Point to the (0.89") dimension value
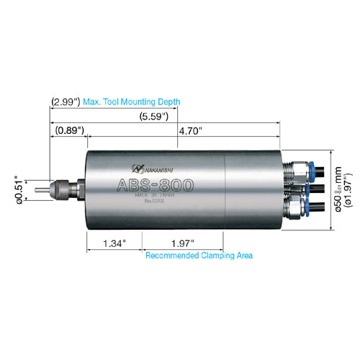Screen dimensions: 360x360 point(69,130)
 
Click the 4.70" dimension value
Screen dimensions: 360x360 point(190,130)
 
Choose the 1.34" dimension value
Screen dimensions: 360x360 point(114,243)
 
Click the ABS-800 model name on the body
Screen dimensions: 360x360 point(154,185)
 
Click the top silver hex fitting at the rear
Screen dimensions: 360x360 point(292,170)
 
